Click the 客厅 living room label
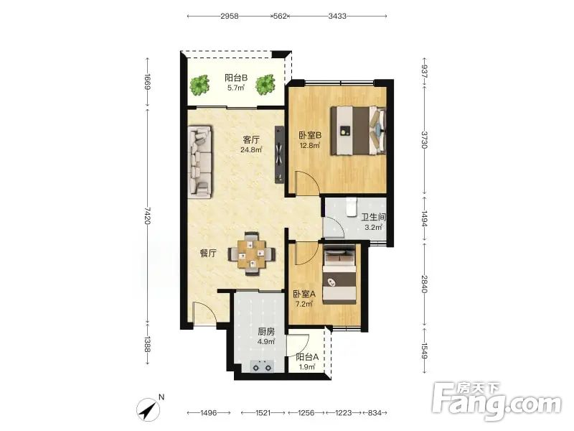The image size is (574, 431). click(x=252, y=139)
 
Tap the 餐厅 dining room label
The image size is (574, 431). click(x=208, y=254)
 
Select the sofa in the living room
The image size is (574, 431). click(x=200, y=162)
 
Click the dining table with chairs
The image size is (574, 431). click(x=252, y=254)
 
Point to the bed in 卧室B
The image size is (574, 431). click(x=358, y=131)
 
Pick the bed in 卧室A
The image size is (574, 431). click(x=339, y=274)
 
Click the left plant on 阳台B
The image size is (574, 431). click(x=199, y=85)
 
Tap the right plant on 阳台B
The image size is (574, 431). click(x=265, y=85)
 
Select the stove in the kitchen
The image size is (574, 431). click(x=262, y=366)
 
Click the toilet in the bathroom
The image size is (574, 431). click(x=352, y=207)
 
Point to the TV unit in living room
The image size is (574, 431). click(x=279, y=155)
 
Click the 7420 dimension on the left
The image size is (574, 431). click(x=147, y=215)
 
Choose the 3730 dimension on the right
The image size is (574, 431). click(x=424, y=139)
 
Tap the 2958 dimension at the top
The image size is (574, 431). click(x=230, y=16)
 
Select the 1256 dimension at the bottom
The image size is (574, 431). click(x=306, y=413)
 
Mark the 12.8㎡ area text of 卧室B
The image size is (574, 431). click(x=310, y=146)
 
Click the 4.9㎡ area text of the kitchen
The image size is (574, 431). click(x=266, y=342)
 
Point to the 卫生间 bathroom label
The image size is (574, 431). click(x=374, y=218)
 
